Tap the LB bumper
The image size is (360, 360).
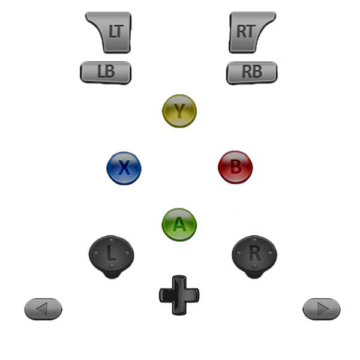pyautogui.click(x=106, y=72)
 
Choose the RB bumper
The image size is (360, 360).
pyautogui.click(x=252, y=72)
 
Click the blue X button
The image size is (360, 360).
pyautogui.click(x=124, y=168)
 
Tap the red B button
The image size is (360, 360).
pyautogui.click(x=236, y=167)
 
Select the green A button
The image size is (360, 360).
pyautogui.click(x=179, y=224)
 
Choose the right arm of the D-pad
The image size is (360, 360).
pyautogui.click(x=193, y=295)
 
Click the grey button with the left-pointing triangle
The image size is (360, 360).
pyautogui.click(x=43, y=309)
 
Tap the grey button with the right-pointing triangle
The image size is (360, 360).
pyautogui.click(x=322, y=309)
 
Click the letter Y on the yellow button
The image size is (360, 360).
pyautogui.click(x=179, y=110)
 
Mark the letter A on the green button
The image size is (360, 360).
pyautogui.click(x=179, y=224)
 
